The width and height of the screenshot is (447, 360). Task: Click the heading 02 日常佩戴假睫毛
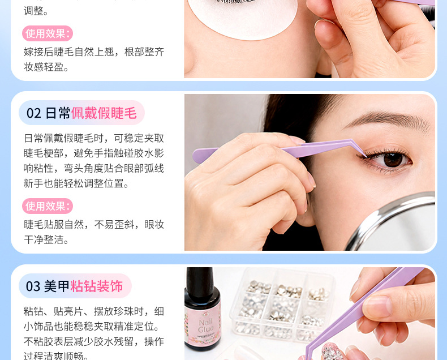tap(81, 113)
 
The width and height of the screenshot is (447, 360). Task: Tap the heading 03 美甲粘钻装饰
tap(74, 286)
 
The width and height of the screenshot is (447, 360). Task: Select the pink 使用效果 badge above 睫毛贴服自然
tap(48, 206)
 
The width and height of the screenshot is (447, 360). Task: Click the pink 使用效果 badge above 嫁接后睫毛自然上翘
tap(48, 33)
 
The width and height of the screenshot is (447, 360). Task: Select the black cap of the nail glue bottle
tap(200, 280)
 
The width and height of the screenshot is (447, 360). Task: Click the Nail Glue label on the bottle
tap(206, 326)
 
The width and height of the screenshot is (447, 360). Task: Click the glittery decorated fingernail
tap(332, 352)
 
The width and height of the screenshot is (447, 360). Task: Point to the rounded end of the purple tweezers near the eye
tap(197, 156)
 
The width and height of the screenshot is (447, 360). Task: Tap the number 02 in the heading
tap(34, 113)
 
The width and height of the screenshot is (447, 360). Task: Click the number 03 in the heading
tap(33, 286)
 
